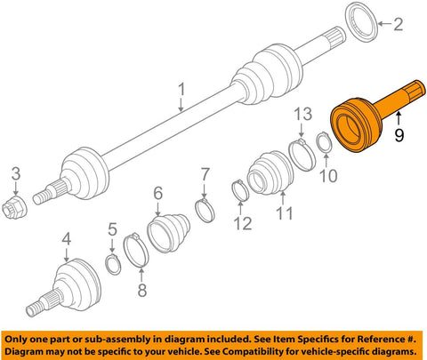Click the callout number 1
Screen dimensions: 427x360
pos(181,89)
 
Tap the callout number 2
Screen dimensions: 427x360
pos(399,24)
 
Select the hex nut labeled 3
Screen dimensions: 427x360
pos(14,207)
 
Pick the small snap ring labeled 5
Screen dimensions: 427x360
pos(113,264)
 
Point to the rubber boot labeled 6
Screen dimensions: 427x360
pos(168,233)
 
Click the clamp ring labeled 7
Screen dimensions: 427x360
pos(205,210)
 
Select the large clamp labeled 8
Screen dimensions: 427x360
pos(136,250)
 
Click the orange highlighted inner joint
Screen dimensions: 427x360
pos(367,118)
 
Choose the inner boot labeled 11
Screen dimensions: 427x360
pos(270,172)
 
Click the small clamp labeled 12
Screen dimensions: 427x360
pos(240,190)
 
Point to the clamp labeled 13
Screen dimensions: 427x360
pos(302,155)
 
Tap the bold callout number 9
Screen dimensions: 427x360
pos(399,135)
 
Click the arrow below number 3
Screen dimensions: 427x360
pos(16,188)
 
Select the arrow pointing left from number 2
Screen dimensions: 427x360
pos(384,24)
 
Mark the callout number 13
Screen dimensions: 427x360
pos(302,114)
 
